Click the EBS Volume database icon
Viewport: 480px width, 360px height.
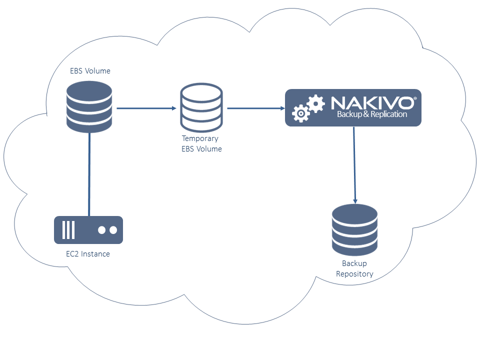pyautogui.click(x=89, y=107)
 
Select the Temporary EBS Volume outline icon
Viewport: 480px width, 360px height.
pyautogui.click(x=201, y=108)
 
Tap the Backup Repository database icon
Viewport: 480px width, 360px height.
pyautogui.click(x=354, y=230)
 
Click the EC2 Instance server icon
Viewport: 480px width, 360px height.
pyautogui.click(x=88, y=230)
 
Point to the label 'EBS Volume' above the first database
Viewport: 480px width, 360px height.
pyautogui.click(x=90, y=71)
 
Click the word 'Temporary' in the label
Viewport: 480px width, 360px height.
pyautogui.click(x=200, y=138)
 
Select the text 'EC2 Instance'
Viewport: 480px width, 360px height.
pyautogui.click(x=88, y=254)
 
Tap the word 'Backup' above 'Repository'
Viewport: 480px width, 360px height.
pyautogui.click(x=354, y=263)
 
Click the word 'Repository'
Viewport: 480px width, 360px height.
pyautogui.click(x=354, y=274)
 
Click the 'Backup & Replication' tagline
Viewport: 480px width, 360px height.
pyautogui.click(x=372, y=114)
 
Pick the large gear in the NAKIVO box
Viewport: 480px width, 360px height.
pyautogui.click(x=315, y=103)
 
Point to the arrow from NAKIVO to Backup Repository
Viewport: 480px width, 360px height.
pyautogui.click(x=354, y=165)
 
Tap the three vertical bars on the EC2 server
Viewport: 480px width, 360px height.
pyautogui.click(x=68, y=230)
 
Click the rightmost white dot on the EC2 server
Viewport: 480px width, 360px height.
pyautogui.click(x=113, y=230)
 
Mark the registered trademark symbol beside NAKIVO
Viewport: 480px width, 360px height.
pyautogui.click(x=414, y=98)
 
